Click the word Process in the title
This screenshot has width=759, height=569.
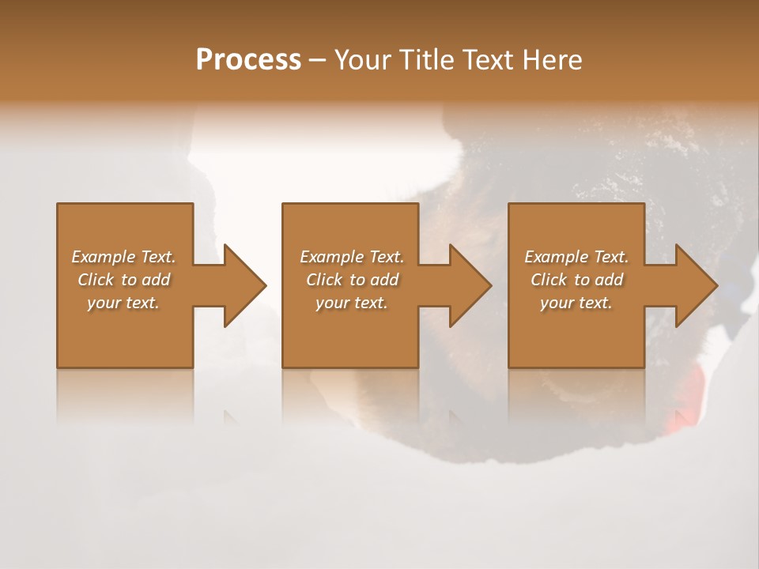click(248, 60)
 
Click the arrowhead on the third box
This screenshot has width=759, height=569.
click(695, 285)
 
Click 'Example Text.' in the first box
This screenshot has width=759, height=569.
click(123, 257)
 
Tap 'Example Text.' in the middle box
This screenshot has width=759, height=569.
click(352, 257)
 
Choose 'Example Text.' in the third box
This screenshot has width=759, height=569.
click(576, 257)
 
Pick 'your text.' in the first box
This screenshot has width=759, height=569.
click(123, 303)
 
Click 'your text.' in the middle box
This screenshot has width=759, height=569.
click(352, 303)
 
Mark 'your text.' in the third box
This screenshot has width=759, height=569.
click(576, 303)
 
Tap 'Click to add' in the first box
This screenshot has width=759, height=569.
click(123, 280)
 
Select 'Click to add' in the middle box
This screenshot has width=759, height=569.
click(352, 280)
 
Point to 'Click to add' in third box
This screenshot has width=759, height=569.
click(576, 280)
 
